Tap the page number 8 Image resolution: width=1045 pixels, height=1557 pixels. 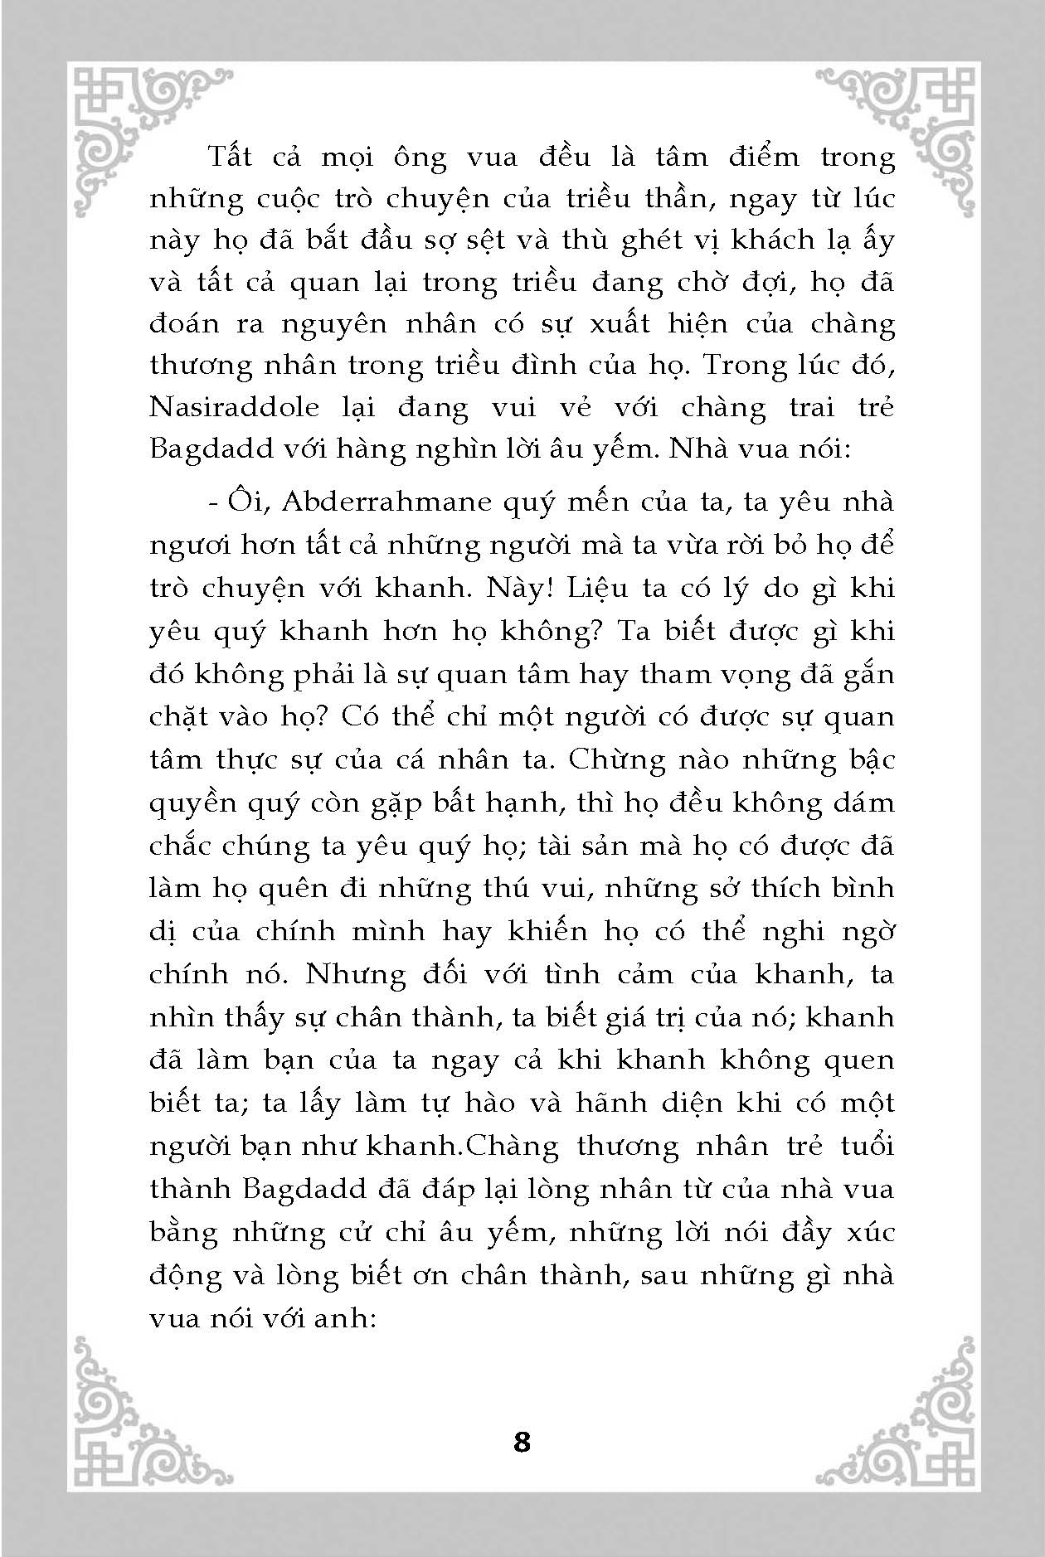(x=522, y=1442)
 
